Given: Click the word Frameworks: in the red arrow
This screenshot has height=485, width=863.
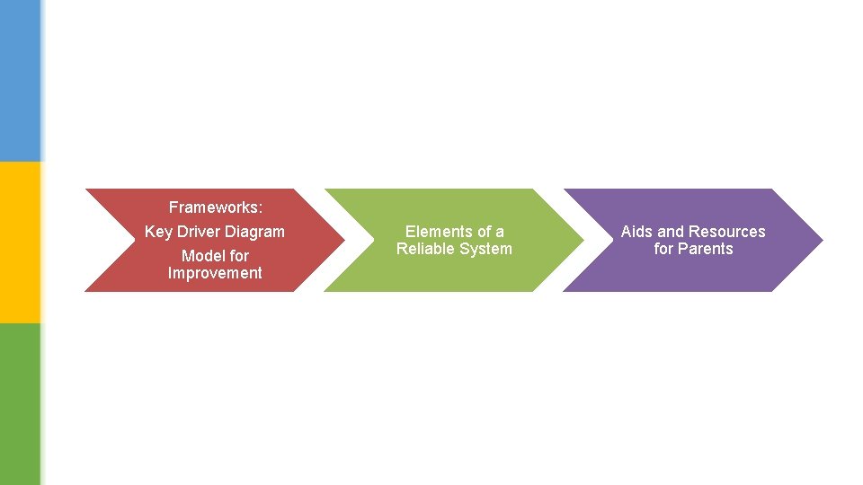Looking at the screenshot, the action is [x=216, y=207].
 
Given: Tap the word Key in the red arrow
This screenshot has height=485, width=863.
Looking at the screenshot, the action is [x=158, y=232].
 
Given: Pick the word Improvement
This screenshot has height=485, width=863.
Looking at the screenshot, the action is [x=215, y=273].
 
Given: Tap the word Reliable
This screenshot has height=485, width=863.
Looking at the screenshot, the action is [x=425, y=249].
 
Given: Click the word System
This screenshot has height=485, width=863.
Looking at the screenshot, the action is [x=485, y=249].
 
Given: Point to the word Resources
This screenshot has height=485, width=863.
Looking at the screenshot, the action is [x=727, y=232].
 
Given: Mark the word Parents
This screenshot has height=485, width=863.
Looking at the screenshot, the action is [x=707, y=249].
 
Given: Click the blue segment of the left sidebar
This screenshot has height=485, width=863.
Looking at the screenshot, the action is [x=20, y=81].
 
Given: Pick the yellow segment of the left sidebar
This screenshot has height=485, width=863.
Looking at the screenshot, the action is [x=20, y=242].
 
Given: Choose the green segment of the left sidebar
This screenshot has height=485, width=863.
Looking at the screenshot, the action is [x=20, y=404].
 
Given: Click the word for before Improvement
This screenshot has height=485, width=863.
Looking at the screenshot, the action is [x=239, y=256].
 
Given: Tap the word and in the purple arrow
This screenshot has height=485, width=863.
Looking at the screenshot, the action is [x=671, y=232].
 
